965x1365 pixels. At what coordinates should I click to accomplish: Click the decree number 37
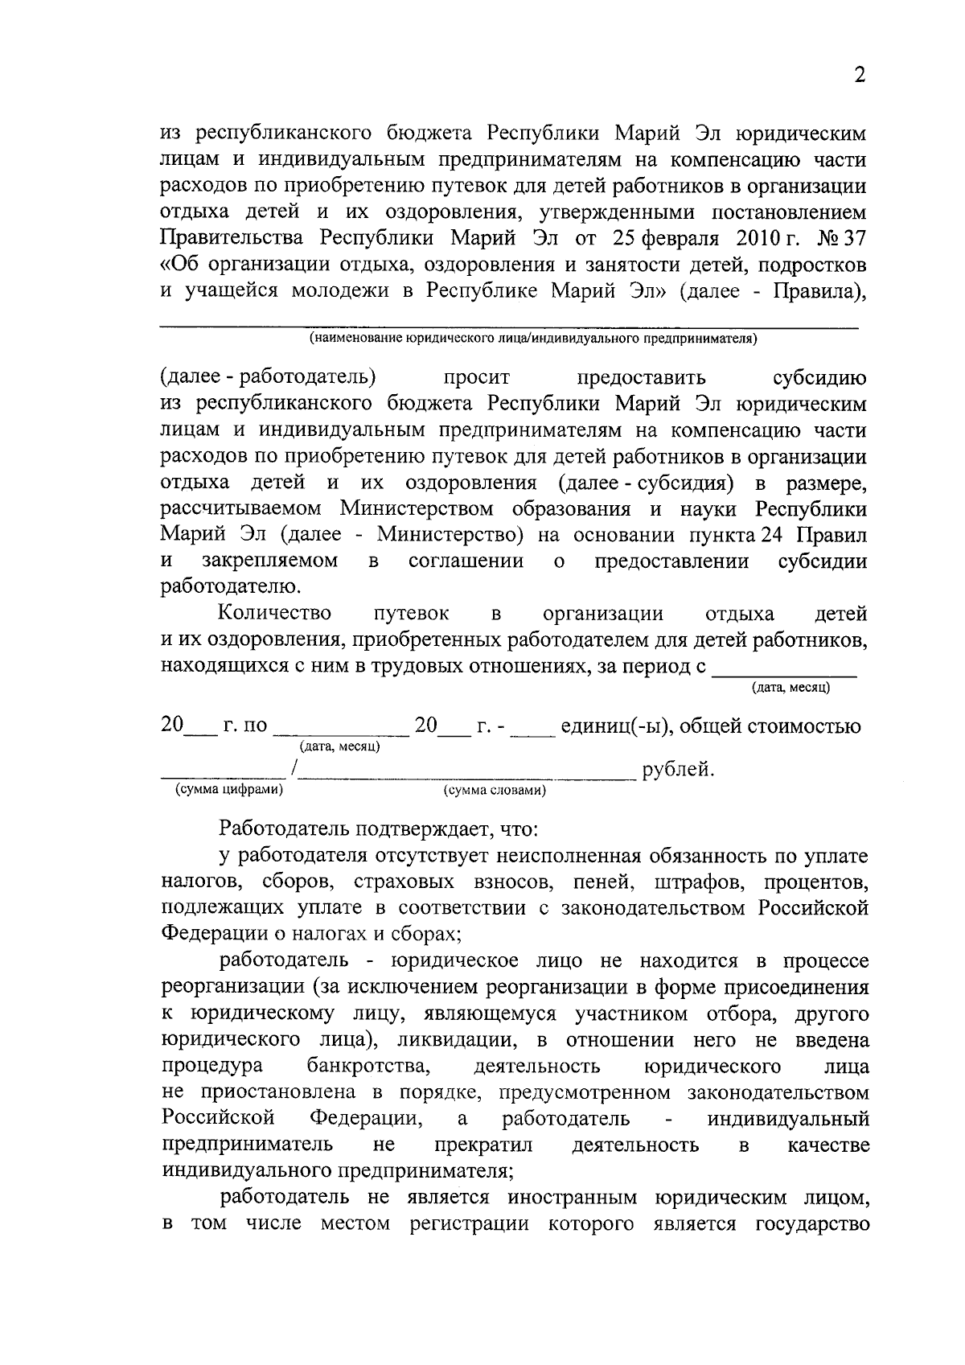(852, 239)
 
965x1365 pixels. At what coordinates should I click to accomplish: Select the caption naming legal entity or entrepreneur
(533, 339)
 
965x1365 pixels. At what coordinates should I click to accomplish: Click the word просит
(477, 377)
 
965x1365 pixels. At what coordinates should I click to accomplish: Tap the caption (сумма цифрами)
(229, 790)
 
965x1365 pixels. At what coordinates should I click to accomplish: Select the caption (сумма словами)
(495, 791)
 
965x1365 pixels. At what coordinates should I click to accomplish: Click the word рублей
(678, 770)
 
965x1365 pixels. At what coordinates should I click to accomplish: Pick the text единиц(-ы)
(608, 726)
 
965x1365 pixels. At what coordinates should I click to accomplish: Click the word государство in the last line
(812, 1223)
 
